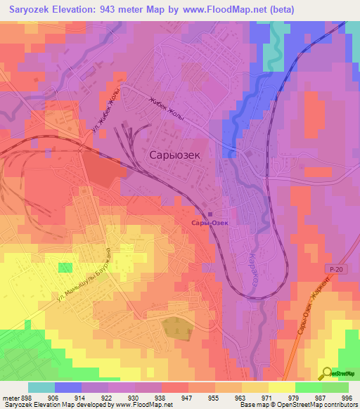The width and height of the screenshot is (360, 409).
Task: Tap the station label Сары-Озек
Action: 210,223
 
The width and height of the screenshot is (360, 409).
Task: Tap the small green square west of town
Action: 65,267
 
